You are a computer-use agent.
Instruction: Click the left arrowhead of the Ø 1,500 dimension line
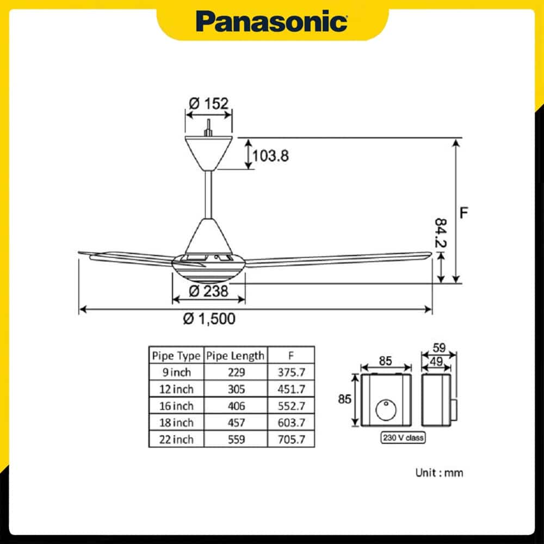[83, 309]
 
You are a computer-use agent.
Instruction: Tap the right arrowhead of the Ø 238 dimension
[242, 299]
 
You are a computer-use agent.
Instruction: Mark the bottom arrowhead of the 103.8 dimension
[249, 165]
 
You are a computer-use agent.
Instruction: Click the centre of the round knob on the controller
[386, 410]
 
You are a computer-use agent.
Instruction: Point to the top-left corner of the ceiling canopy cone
[185, 137]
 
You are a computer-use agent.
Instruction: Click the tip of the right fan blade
[431, 254]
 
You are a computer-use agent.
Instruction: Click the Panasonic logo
[271, 22]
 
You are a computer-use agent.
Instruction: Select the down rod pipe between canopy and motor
[208, 195]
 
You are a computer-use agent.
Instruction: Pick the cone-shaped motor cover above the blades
[208, 236]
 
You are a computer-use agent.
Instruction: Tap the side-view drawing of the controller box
[439, 400]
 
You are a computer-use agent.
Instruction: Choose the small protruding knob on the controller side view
[454, 410]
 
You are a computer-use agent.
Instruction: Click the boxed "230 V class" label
[403, 437]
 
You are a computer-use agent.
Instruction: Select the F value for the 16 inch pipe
[292, 406]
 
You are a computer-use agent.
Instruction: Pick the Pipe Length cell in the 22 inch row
[236, 439]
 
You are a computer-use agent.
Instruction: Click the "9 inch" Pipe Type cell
[177, 372]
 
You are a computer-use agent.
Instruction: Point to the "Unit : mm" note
[439, 473]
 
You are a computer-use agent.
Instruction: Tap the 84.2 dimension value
[441, 233]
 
